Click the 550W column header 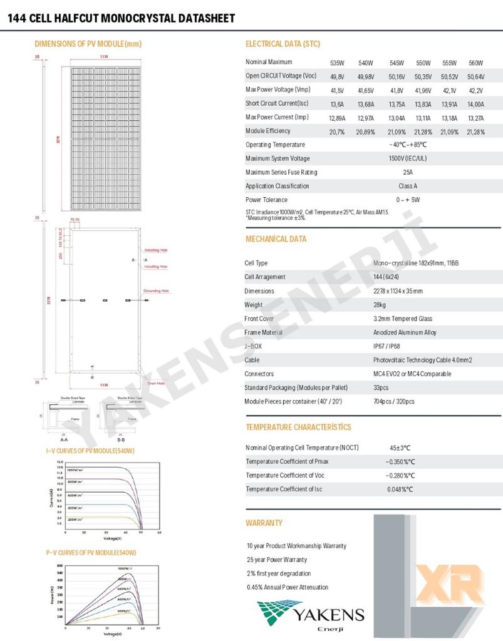pos(423,63)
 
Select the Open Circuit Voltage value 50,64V pos(475,76)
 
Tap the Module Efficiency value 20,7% pos(337,132)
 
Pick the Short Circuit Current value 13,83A pos(423,105)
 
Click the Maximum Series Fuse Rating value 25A pos(408,172)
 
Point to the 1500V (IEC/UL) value pos(408,158)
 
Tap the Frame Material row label pos(263,332)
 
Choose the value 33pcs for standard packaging pos(381,387)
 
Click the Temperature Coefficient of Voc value pos(401,476)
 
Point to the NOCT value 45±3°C pos(400,448)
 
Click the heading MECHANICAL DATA pos(276,239)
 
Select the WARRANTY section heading pos(264,523)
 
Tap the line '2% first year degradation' pos(279,573)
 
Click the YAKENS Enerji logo pos(310,616)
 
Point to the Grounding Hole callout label pos(156,290)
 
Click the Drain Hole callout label pos(156,382)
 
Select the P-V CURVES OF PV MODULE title pos(91,553)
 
